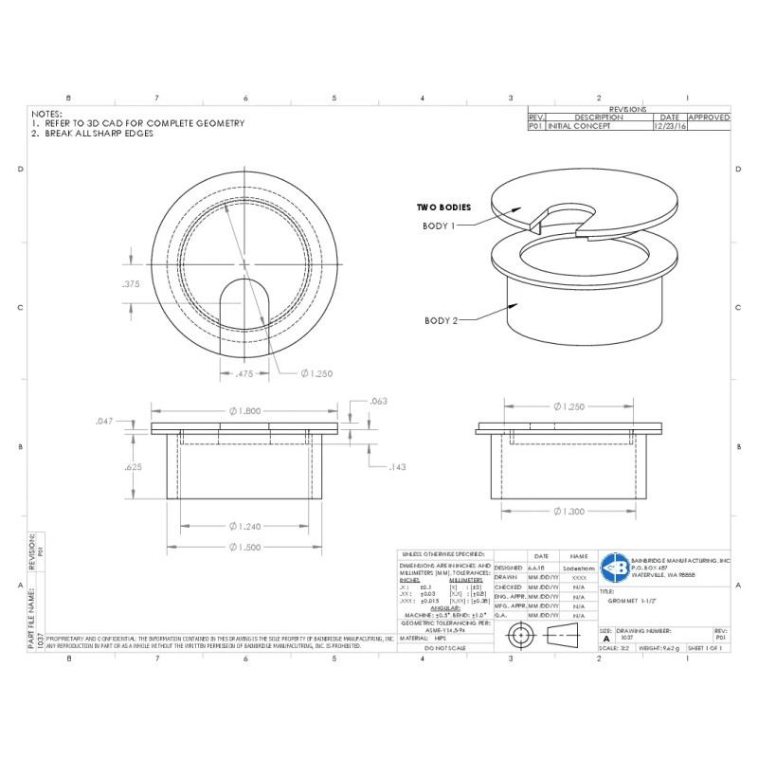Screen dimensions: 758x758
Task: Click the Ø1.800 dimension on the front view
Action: tap(245, 410)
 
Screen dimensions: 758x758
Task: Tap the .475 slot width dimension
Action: tap(245, 373)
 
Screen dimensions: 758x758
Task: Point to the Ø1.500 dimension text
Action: tap(245, 547)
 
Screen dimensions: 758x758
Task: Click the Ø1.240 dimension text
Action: tap(245, 526)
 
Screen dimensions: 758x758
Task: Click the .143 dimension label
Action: tap(398, 467)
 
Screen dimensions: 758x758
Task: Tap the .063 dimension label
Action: tap(379, 402)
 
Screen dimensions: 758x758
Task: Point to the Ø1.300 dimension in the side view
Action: tap(569, 511)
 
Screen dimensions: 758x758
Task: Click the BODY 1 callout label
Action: tap(440, 226)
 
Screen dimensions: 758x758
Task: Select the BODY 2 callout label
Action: tap(442, 321)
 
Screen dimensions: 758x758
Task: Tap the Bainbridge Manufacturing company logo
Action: tap(613, 567)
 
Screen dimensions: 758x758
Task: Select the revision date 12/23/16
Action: tap(669, 125)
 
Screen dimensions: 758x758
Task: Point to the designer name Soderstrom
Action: tap(578, 568)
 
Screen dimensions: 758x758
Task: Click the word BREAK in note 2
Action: tap(59, 134)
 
